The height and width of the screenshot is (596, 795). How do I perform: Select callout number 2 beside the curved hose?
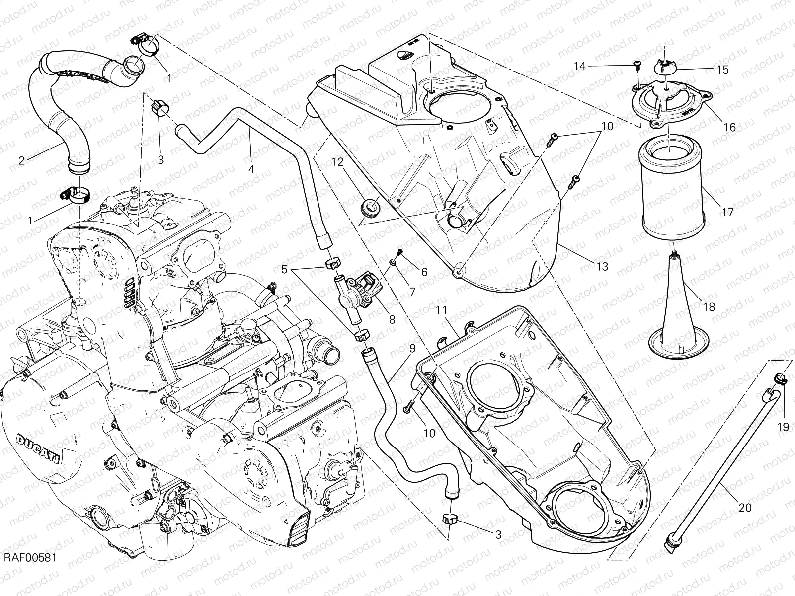click(21, 160)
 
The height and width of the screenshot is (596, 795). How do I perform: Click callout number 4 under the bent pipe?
click(251, 169)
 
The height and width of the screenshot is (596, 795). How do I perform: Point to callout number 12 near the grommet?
click(338, 162)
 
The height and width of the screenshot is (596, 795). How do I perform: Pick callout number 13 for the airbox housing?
click(602, 267)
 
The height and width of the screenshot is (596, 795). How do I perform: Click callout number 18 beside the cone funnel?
click(709, 307)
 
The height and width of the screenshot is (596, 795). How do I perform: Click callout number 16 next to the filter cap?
click(729, 127)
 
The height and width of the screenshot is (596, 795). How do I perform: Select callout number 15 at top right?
click(723, 70)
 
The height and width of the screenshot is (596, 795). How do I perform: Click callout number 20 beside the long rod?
click(746, 507)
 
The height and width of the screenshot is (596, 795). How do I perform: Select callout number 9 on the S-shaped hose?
click(412, 348)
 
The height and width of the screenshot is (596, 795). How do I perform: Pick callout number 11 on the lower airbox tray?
click(442, 311)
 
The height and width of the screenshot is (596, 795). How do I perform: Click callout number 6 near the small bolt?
click(424, 272)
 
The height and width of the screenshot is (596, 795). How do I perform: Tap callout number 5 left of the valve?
click(284, 270)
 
